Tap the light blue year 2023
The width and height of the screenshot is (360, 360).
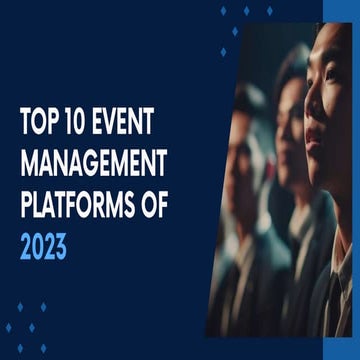coord(42,246)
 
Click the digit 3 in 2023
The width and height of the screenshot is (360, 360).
coord(60,246)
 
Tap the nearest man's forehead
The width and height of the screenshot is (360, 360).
coord(330,45)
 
